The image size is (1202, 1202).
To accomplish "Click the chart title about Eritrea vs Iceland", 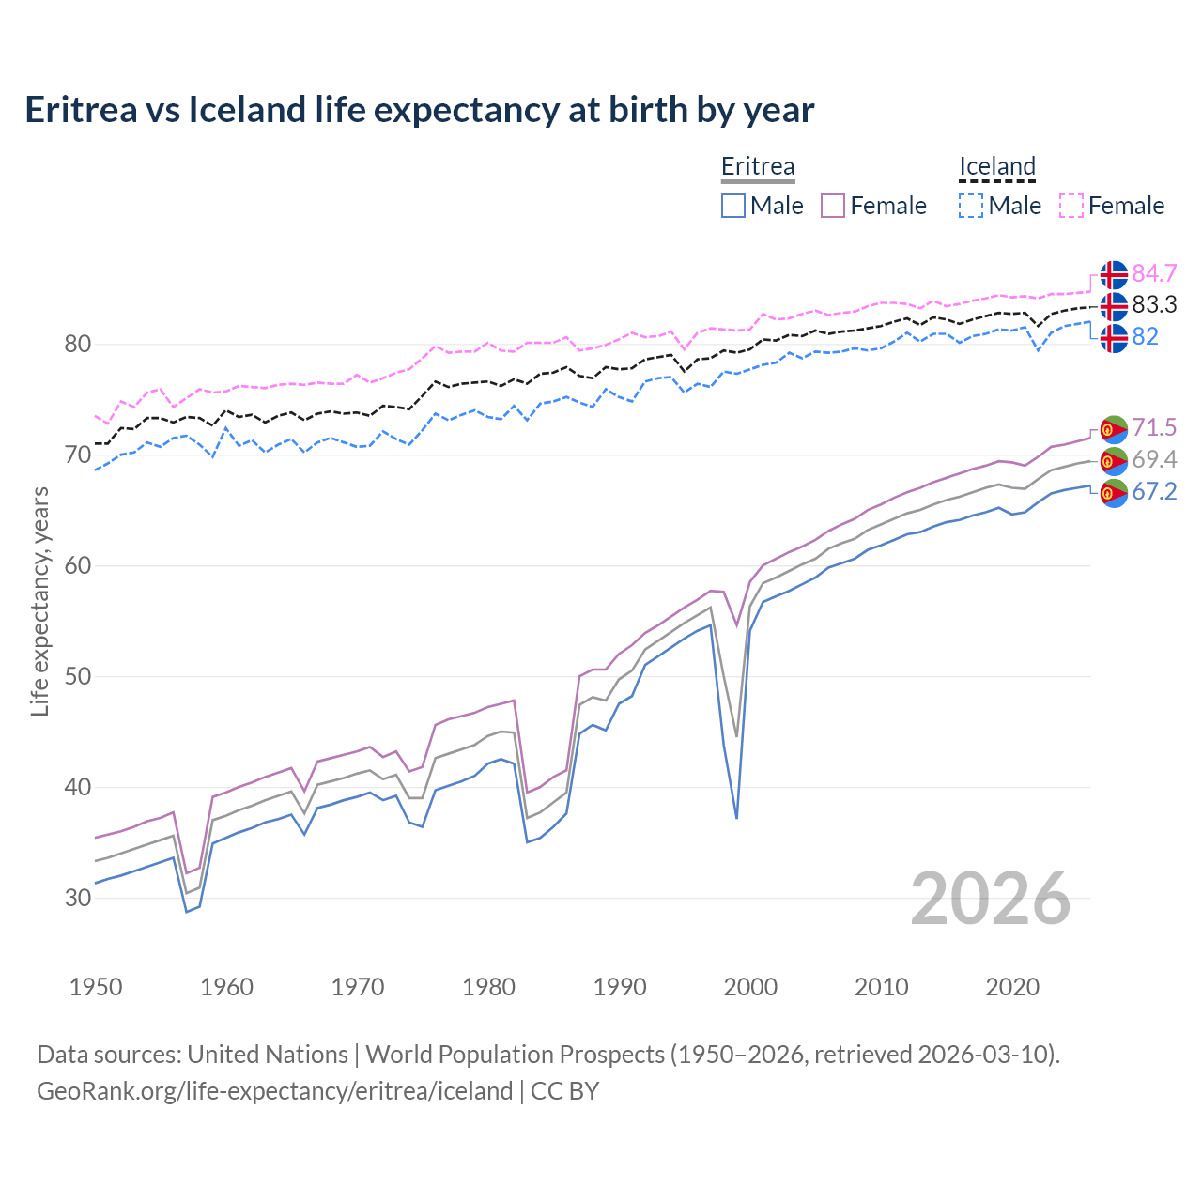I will [419, 110].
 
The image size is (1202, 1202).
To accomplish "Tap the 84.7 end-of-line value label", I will [1154, 273].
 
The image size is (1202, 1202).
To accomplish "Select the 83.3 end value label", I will [1154, 304].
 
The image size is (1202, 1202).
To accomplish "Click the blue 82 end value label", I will [1145, 336].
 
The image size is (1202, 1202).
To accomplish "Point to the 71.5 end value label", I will [1154, 428].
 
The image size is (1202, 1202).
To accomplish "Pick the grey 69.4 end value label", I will [1154, 459].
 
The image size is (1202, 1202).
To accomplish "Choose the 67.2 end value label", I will [1154, 491].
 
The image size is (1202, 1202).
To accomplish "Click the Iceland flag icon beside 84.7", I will [1114, 274].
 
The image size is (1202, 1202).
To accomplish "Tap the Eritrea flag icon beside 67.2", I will [1114, 492].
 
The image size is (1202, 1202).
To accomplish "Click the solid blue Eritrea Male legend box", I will [733, 206].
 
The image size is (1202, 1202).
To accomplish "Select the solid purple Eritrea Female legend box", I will [833, 206].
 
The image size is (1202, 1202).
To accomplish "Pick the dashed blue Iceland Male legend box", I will [971, 206].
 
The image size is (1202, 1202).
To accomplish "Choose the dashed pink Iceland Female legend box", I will [1071, 206].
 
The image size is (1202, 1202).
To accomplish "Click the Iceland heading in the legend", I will [996, 166].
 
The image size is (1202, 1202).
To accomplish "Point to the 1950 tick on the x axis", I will [96, 987].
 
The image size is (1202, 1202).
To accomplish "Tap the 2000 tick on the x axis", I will [750, 987].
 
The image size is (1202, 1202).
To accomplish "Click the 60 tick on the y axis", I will [78, 565].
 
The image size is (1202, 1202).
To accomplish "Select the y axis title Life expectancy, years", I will [39, 601].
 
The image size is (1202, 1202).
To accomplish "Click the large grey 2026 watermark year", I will [990, 899].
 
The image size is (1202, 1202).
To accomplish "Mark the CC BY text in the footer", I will [564, 1091].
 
